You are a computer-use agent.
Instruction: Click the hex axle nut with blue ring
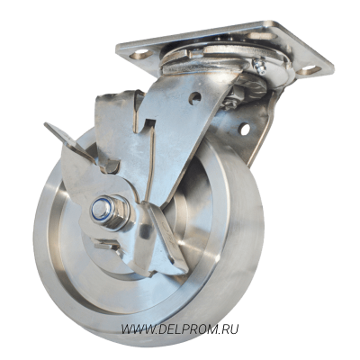110,211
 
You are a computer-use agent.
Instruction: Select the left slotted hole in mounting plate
141,54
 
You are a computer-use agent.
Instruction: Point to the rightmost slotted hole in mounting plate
309,70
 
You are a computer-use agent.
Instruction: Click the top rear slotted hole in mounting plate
260,35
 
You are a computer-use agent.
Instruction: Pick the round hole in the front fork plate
194,98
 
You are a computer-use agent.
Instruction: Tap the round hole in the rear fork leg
245,130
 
